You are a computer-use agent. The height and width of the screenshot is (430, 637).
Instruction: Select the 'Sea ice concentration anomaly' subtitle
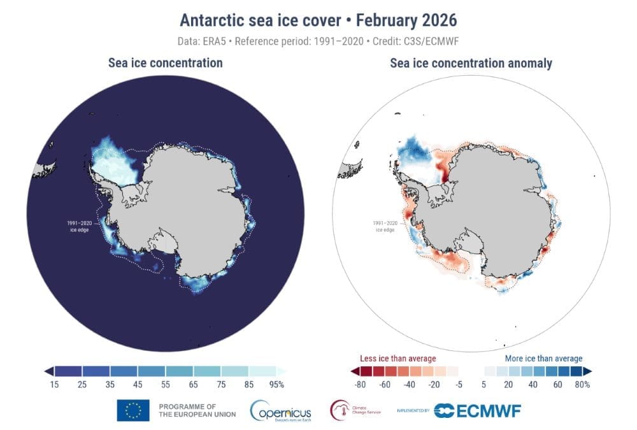[x=471, y=62]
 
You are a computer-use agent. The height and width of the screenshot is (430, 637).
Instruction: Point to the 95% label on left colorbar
[x=276, y=384]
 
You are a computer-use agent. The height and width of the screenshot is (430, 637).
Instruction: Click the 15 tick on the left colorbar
[x=55, y=384]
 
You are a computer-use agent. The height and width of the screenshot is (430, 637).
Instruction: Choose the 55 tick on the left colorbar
[x=165, y=384]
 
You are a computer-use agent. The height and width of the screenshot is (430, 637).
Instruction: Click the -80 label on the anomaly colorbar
[x=361, y=384]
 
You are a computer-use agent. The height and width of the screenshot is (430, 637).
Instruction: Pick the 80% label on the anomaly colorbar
[x=582, y=384]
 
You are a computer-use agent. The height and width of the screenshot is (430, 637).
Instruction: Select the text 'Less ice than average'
[x=398, y=359]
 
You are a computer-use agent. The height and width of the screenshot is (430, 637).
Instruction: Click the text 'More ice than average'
[x=543, y=359]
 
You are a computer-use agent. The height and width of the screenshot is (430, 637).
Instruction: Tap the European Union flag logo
[x=133, y=410]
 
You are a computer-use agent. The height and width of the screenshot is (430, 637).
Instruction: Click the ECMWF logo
[x=477, y=411]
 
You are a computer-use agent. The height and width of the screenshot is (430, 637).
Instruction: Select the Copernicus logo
[x=281, y=411]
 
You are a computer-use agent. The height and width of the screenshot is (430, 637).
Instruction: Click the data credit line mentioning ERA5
[x=318, y=41]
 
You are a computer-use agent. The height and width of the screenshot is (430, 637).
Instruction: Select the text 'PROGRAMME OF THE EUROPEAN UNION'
[x=197, y=410]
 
